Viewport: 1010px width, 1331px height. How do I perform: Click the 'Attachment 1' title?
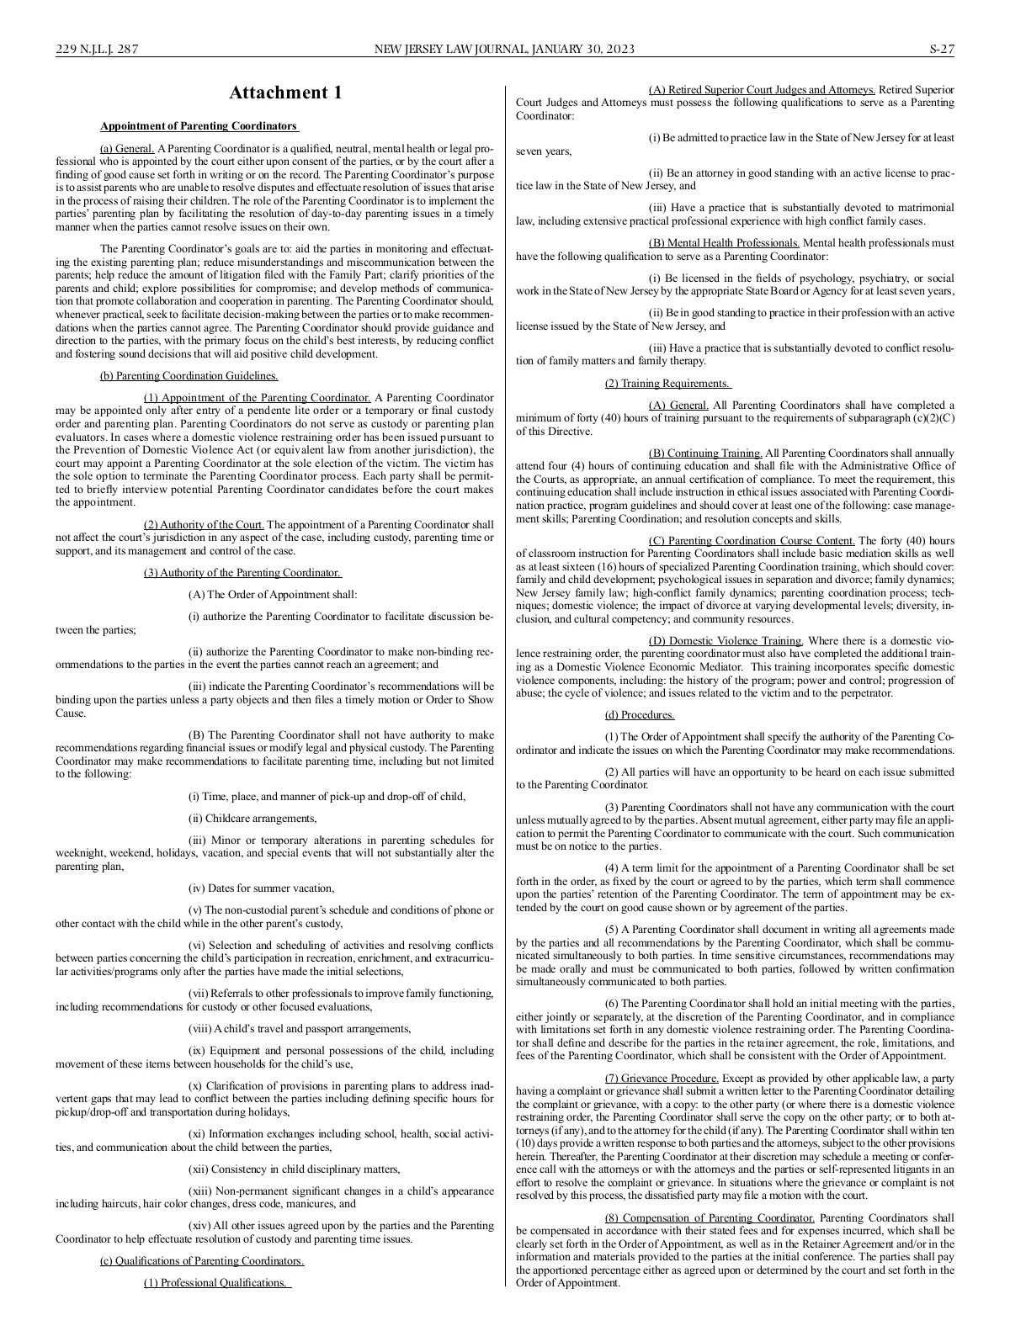pos(286,93)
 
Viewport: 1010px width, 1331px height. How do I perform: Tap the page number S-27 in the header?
pos(941,50)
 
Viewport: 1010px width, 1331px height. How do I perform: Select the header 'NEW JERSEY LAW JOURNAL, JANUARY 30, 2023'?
pos(504,50)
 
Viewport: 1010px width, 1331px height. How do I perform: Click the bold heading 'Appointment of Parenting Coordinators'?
pos(199,126)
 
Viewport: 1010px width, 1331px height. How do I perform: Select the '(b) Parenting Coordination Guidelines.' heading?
pos(189,376)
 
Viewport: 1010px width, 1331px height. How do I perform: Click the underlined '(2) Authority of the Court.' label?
pos(204,525)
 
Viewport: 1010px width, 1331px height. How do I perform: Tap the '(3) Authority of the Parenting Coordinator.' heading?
pos(242,573)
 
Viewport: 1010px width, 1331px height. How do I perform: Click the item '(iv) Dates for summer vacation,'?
pos(262,888)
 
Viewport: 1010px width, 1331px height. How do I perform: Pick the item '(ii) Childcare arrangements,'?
pos(252,818)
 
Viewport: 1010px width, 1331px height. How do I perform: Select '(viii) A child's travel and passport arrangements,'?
pos(300,1028)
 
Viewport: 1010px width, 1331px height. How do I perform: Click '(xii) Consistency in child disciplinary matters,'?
pos(295,1169)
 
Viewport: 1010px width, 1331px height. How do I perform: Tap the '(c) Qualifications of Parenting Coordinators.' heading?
pos(202,1260)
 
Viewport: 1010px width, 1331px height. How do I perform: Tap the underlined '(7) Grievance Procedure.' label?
pos(662,1078)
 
